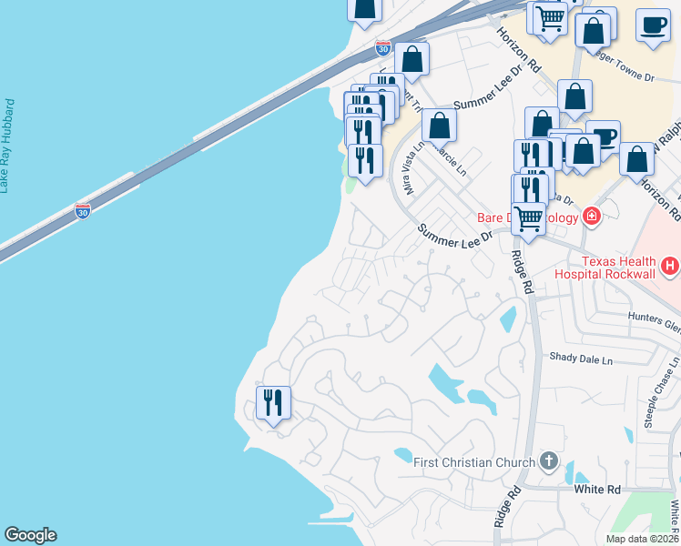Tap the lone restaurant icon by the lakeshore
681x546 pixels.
(273, 402)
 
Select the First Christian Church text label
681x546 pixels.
(468, 462)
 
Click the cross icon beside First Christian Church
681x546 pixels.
(548, 460)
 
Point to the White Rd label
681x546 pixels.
(597, 490)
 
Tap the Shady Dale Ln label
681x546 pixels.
(581, 359)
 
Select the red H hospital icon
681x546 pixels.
(671, 266)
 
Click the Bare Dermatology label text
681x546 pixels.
(528, 218)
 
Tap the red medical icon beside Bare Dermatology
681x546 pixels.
(592, 216)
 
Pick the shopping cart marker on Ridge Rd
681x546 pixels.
(529, 217)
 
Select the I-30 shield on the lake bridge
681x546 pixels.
(83, 211)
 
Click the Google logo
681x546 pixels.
(30, 535)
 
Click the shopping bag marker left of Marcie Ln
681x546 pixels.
(439, 126)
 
